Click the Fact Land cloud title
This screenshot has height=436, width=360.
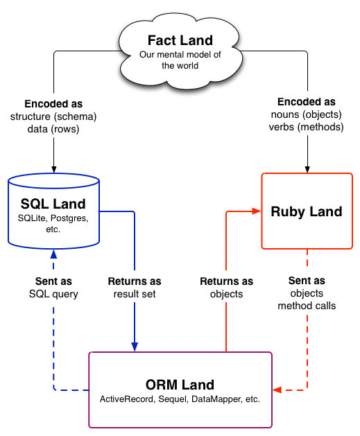point(180,40)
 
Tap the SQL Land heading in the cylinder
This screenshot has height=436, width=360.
point(53,204)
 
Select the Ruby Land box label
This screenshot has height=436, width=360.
point(307,211)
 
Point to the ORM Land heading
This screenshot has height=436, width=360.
point(180,385)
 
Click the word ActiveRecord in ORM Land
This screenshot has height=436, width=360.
point(126,399)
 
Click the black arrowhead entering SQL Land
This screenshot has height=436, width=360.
point(54,169)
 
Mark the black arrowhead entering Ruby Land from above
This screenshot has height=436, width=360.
point(307,169)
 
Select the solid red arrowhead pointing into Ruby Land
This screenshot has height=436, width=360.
point(257,211)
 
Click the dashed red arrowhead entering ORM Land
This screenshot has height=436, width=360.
point(277,390)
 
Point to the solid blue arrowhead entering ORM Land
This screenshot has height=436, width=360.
point(135,347)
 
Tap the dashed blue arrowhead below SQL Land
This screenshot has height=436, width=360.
point(53,254)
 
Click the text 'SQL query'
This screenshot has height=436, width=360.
point(53,294)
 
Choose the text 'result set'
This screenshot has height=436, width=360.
point(135,294)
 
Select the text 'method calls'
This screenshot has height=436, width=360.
point(307,306)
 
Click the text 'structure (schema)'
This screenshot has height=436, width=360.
point(53,116)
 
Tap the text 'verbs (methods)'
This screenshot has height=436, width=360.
point(307,127)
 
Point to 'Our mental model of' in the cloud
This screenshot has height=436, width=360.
point(180,55)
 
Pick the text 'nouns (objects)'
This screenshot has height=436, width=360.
point(307,114)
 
